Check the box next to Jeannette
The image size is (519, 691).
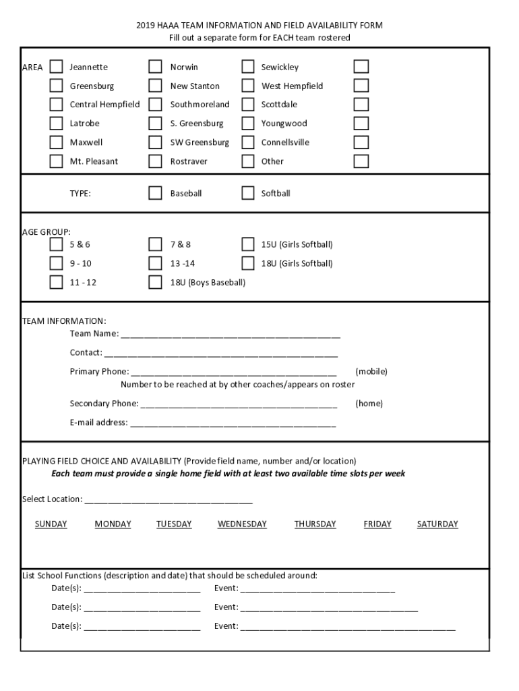tap(57, 67)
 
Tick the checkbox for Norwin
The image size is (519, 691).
tap(156, 67)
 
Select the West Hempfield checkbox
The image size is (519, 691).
tap(248, 86)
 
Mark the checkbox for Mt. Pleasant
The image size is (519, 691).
tap(57, 161)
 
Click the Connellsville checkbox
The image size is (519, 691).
tap(248, 142)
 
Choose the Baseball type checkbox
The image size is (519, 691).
tap(156, 194)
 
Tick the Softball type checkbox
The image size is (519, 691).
tap(248, 194)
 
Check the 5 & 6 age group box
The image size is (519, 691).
tap(57, 244)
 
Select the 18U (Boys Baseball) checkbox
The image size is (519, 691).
tap(156, 282)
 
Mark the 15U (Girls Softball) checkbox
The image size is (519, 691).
tap(248, 244)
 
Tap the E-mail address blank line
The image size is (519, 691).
tap(232, 424)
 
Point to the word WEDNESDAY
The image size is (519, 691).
tap(242, 524)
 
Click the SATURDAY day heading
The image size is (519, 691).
tap(437, 524)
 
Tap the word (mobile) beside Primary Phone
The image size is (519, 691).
tap(371, 372)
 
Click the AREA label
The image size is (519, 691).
tap(32, 67)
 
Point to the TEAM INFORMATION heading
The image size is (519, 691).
tap(64, 321)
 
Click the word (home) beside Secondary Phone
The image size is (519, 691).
tap(369, 404)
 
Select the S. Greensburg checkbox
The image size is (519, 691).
tap(156, 123)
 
